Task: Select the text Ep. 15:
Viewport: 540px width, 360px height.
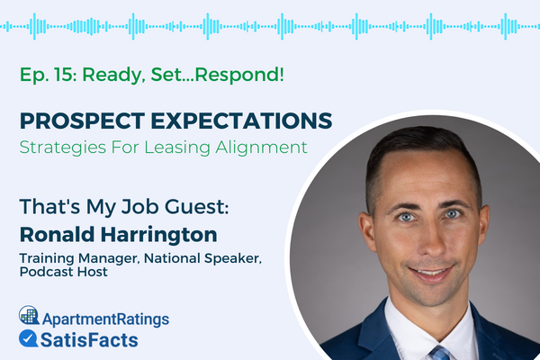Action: point(46,75)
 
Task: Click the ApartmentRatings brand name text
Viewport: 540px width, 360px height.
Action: point(104,318)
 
